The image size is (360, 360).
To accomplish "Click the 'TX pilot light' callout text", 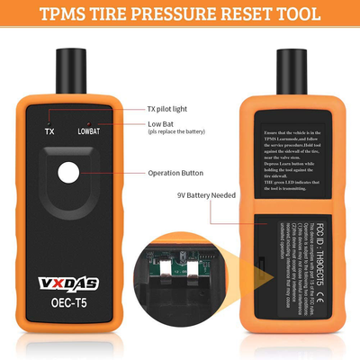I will (x=174, y=109).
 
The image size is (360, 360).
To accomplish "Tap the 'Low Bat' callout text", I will (x=163, y=123).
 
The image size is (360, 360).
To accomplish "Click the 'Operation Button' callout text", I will (x=180, y=171).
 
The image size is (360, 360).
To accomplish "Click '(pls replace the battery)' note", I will (x=184, y=132).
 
